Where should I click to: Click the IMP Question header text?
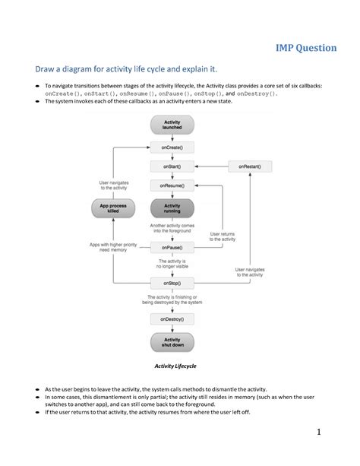[305, 48]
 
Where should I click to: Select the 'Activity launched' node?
[172, 125]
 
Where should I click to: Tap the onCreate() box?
[172, 146]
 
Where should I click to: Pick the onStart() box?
[172, 165]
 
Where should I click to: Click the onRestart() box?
[250, 165]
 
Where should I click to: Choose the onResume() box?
[172, 185]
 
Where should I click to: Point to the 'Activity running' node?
[172, 208]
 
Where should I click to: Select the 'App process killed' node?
[112, 208]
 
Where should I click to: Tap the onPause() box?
[172, 246]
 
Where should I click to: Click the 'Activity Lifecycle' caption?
[175, 366]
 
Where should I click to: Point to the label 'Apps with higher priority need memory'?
[114, 247]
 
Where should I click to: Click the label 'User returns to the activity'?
[223, 236]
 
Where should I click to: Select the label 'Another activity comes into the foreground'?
[173, 227]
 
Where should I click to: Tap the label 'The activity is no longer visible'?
[173, 264]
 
